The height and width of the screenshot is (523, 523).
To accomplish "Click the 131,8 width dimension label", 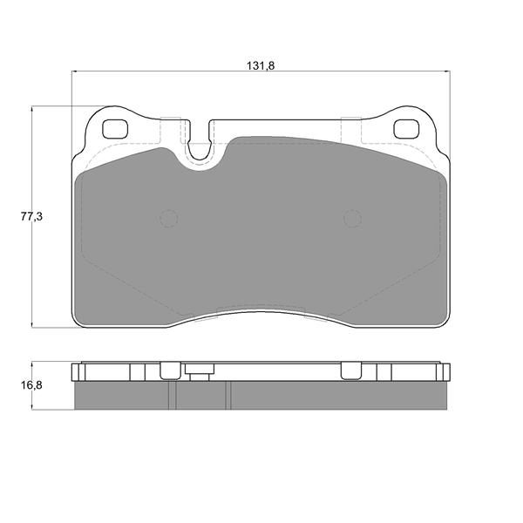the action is click(261, 65).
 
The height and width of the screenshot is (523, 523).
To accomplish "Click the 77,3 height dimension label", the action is click(31, 217).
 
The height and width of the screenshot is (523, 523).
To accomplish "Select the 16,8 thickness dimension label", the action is click(31, 385).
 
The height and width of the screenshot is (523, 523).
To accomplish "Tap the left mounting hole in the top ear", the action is click(115, 129).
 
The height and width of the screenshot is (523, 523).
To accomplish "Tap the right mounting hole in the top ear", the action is click(406, 129).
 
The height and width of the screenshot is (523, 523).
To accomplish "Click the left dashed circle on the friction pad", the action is click(169, 219).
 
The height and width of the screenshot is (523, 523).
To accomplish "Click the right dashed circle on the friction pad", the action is click(352, 219).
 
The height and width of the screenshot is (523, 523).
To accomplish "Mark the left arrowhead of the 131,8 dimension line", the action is click(75, 71).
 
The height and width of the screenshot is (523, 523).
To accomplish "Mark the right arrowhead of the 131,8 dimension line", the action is click(446, 71).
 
